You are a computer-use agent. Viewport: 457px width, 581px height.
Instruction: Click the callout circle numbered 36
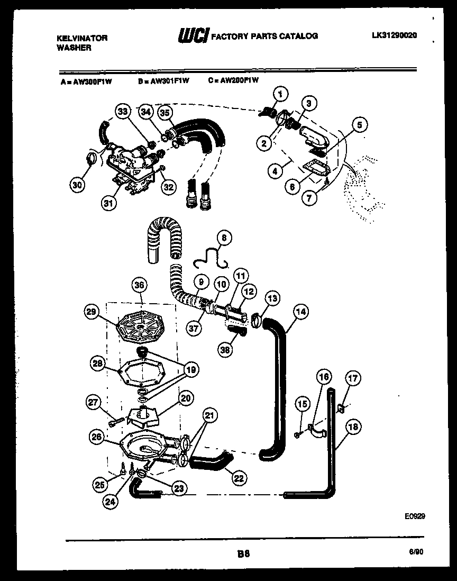tap(139, 285)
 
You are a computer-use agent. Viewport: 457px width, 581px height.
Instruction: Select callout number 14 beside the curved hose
tap(300, 312)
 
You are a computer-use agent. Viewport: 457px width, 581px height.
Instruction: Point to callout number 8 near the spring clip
tap(224, 239)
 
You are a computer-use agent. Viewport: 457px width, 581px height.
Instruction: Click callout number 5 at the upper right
tap(359, 125)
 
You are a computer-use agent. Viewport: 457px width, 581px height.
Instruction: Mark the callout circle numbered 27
tap(94, 403)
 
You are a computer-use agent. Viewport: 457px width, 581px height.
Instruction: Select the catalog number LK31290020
tap(394, 35)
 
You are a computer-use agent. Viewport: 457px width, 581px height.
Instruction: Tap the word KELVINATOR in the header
tap(81, 38)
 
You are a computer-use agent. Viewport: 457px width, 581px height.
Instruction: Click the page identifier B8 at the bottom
tap(243, 554)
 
